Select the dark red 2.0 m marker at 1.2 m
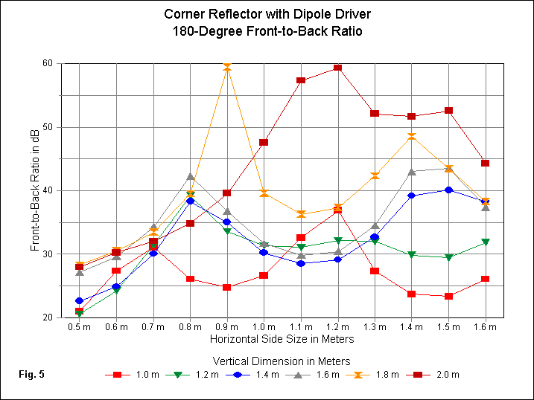click(x=337, y=68)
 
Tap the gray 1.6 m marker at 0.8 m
click(x=190, y=177)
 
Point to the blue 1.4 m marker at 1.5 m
click(x=448, y=190)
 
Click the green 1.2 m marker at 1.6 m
click(x=485, y=242)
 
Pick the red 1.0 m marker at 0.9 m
click(x=226, y=287)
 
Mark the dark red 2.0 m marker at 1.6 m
click(x=485, y=163)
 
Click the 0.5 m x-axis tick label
click(x=79, y=326)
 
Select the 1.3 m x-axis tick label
click(x=375, y=326)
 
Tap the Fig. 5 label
click(x=31, y=374)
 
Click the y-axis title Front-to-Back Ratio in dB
click(x=35, y=190)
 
